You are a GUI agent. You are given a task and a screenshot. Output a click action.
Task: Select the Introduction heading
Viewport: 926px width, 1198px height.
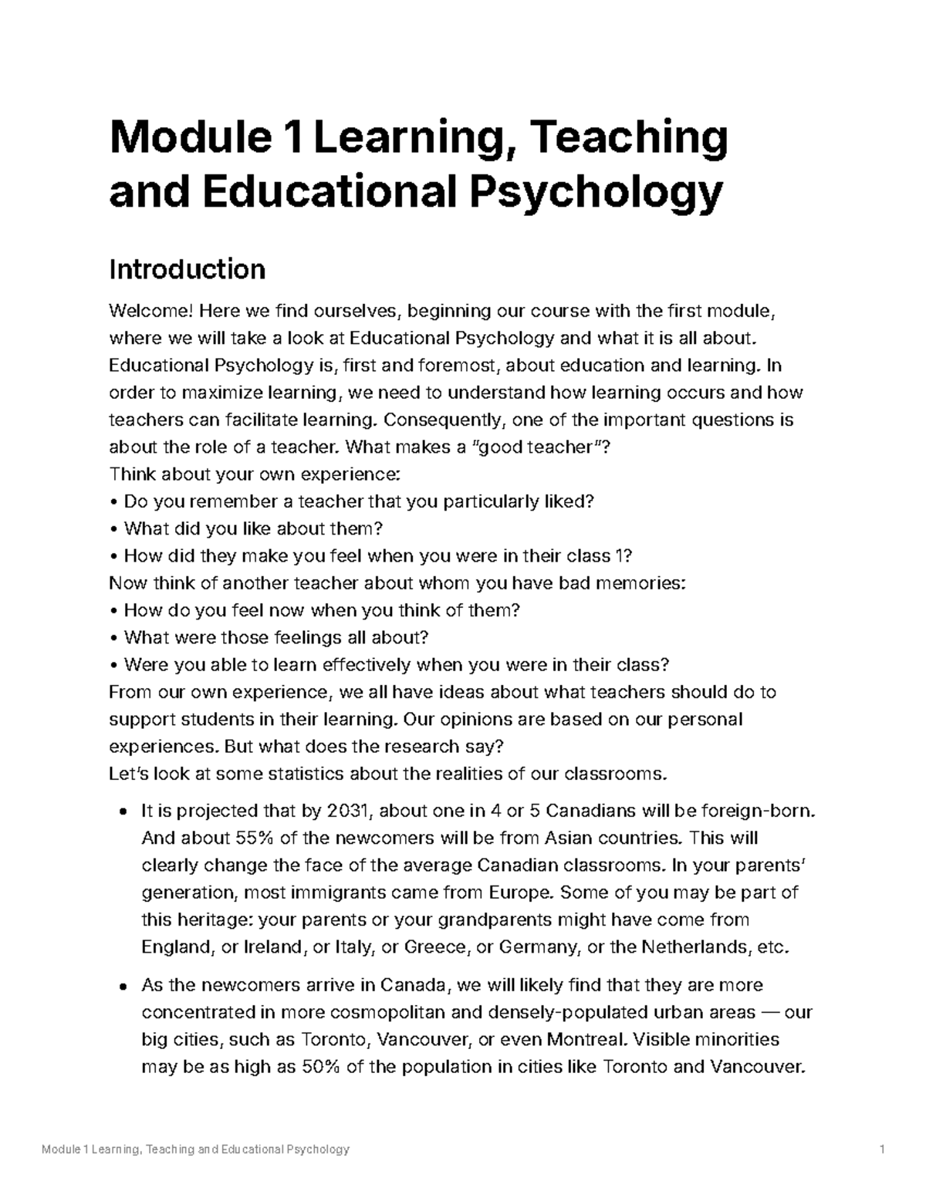click(188, 269)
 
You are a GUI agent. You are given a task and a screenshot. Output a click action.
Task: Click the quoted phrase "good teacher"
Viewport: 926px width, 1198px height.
click(540, 447)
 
